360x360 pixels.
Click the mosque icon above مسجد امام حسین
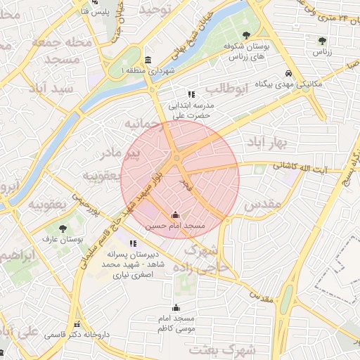tap(175, 215)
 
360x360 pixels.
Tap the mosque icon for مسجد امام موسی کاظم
tap(176, 307)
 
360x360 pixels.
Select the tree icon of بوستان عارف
tap(63, 229)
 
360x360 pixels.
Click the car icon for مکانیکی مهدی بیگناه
tap(288, 73)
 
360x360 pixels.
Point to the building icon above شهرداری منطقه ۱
tap(147, 60)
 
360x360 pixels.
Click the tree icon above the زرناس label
tap(321, 41)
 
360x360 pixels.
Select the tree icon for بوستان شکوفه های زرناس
tap(245, 34)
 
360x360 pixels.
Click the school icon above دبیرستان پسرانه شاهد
tap(133, 243)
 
